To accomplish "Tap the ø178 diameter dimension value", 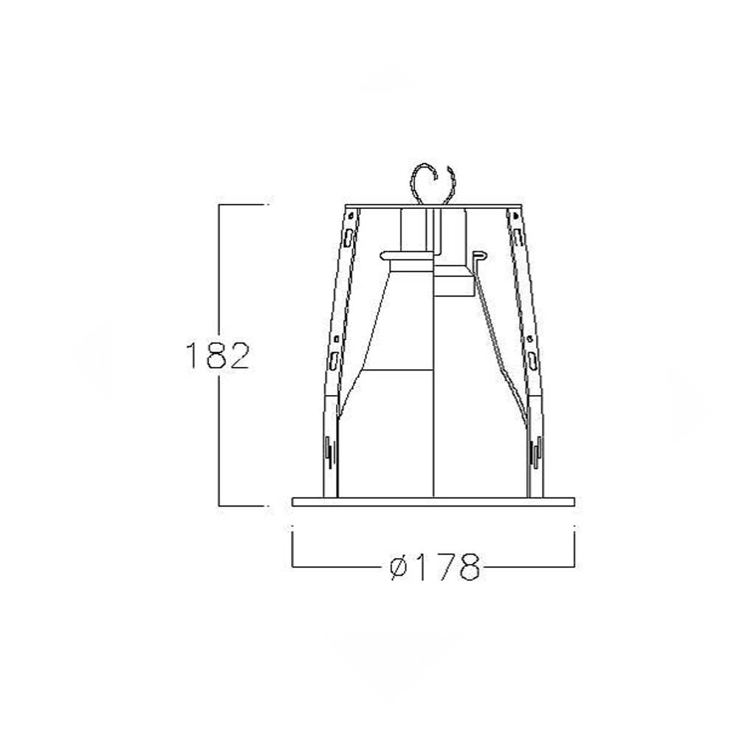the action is coord(435,567).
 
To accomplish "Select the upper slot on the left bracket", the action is coord(348,236).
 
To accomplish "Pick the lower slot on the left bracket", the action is coord(333,360).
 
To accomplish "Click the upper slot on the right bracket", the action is coord(518,236).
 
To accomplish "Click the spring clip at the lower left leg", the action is coord(329,451).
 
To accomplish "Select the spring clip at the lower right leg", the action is coord(536,451).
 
